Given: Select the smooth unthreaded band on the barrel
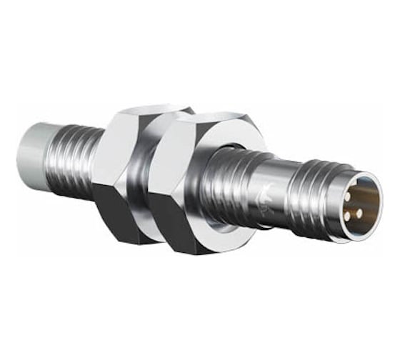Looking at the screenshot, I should (275, 200).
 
